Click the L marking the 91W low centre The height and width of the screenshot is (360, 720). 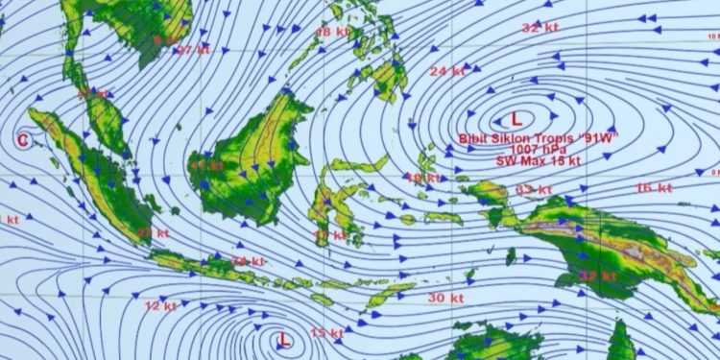[x=516, y=119]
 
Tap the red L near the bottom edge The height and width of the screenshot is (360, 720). [x=284, y=340]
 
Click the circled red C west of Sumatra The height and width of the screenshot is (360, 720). [x=23, y=140]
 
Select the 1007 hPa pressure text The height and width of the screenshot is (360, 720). [x=536, y=150]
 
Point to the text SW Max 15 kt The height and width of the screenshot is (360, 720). [x=538, y=161]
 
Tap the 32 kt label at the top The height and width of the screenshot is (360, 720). [x=540, y=28]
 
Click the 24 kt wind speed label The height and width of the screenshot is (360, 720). [x=446, y=71]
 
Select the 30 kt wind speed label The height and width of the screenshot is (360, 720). [x=444, y=299]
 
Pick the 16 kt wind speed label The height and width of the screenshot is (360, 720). [x=652, y=188]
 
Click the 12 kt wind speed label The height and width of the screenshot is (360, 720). [x=160, y=306]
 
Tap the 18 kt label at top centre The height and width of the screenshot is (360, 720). [x=333, y=32]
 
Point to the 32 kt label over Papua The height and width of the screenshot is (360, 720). [x=597, y=276]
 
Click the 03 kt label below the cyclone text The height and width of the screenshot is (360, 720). [x=529, y=190]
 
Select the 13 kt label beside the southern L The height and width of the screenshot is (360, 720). [x=327, y=333]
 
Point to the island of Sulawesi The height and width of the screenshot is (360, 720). [x=341, y=197]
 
